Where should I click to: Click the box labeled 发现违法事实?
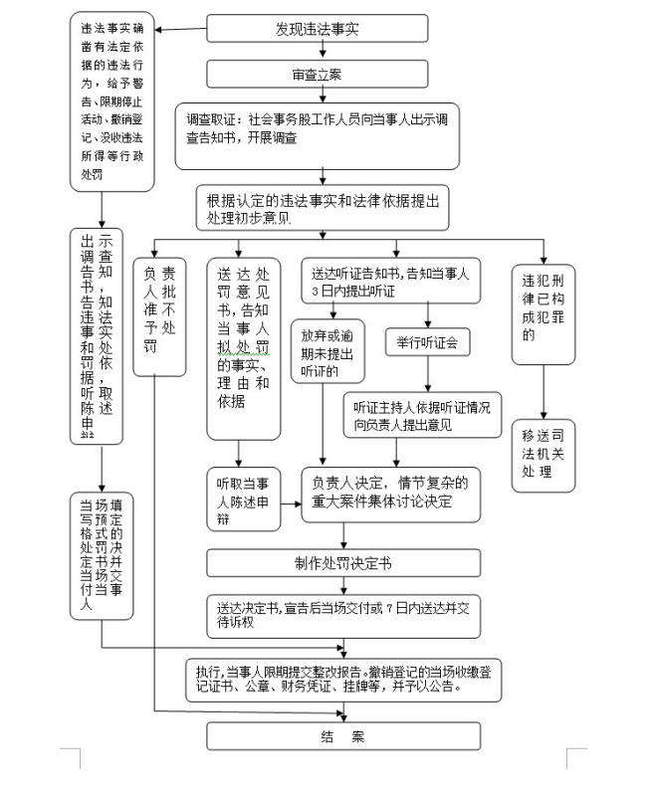pyautogui.click(x=318, y=29)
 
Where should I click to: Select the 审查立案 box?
pyautogui.click(x=318, y=75)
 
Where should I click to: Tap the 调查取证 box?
pyautogui.click(x=318, y=133)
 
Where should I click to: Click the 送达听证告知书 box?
pyautogui.click(x=390, y=282)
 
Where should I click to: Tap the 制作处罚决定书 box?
pyautogui.click(x=343, y=563)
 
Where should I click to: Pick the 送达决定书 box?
pyautogui.click(x=343, y=614)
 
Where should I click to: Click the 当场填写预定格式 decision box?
pyautogui.click(x=101, y=555)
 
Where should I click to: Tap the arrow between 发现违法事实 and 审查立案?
pyautogui.click(x=318, y=52)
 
